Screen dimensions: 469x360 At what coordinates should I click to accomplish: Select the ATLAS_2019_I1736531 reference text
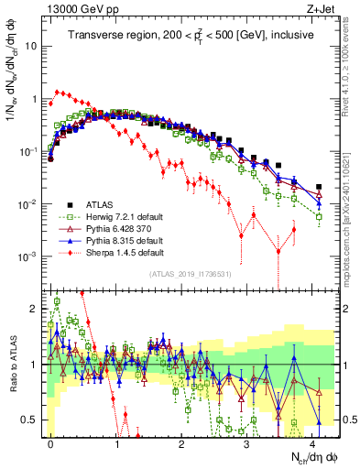190,274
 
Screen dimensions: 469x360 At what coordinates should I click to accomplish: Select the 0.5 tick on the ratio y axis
32,420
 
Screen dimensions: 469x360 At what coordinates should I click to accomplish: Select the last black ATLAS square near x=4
318,187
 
